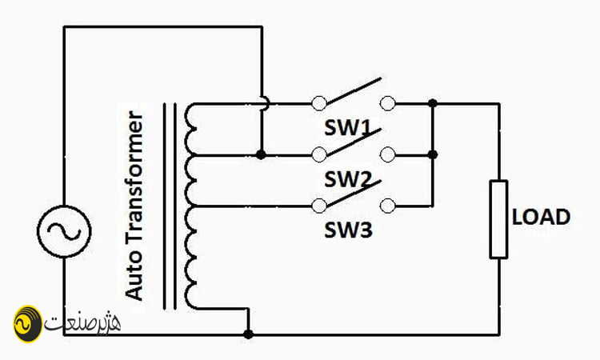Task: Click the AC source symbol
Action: click(x=64, y=231)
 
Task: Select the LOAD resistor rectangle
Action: click(x=498, y=219)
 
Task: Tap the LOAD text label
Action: click(x=541, y=217)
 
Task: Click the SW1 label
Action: click(x=347, y=128)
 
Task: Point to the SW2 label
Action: click(x=347, y=179)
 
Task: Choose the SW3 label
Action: click(x=348, y=230)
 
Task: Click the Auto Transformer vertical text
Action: click(x=134, y=205)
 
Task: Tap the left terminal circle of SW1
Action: click(x=318, y=103)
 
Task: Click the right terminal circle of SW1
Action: click(x=388, y=103)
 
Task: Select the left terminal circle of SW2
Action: click(x=318, y=154)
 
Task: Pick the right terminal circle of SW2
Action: click(x=388, y=154)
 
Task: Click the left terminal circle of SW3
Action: click(x=318, y=206)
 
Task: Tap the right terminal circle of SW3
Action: click(x=388, y=206)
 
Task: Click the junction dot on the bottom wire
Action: click(x=248, y=334)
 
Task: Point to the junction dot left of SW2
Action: click(x=261, y=154)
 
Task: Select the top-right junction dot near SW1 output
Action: click(x=433, y=103)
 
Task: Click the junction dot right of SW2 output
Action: click(x=433, y=154)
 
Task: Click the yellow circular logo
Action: click(x=27, y=324)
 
